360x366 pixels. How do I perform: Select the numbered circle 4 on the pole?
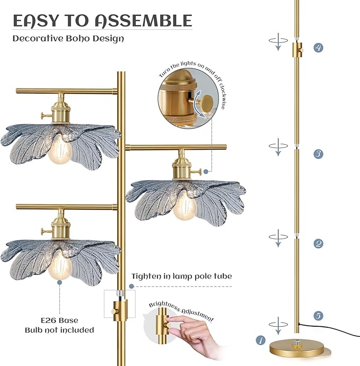(x=318, y=47)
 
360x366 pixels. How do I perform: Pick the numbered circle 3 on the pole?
(x=318, y=154)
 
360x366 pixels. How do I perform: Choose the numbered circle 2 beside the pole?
(x=318, y=243)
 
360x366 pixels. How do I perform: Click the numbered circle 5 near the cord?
(x=318, y=316)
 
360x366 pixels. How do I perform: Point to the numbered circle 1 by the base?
(x=260, y=340)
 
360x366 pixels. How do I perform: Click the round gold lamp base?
(x=296, y=349)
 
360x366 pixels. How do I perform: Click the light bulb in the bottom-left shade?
(x=60, y=267)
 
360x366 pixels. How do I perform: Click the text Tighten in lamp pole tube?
(x=182, y=276)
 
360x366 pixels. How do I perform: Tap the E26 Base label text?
(x=59, y=320)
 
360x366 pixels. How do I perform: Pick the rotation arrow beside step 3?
(x=275, y=146)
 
